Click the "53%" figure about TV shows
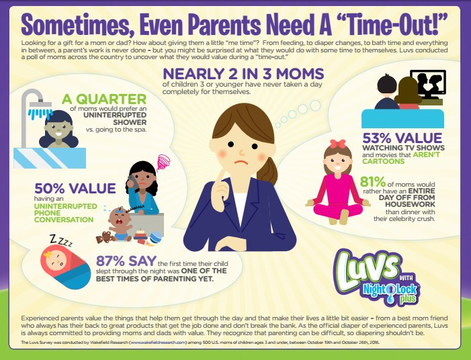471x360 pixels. pyautogui.click(x=377, y=138)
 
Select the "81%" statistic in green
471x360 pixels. pyautogui.click(x=372, y=181)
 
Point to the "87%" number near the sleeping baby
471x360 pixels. pyautogui.click(x=110, y=261)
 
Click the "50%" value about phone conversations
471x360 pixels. pyautogui.click(x=49, y=189)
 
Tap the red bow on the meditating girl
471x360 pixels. pyautogui.click(x=338, y=144)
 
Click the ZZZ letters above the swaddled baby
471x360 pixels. pyautogui.click(x=61, y=240)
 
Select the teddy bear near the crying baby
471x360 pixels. pyautogui.click(x=103, y=237)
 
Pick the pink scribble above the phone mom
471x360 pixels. pyautogui.click(x=164, y=162)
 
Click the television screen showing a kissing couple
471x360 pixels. pyautogui.click(x=428, y=83)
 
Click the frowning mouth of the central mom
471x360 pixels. pyautogui.click(x=241, y=163)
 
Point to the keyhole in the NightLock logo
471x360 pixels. pyautogui.click(x=391, y=289)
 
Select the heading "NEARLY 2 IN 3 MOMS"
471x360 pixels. pyautogui.click(x=243, y=74)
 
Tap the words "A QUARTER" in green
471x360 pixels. pyautogui.click(x=104, y=99)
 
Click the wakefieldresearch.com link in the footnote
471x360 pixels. pyautogui.click(x=158, y=342)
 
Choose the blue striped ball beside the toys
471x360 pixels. pyautogui.click(x=156, y=237)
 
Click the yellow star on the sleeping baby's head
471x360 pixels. pyautogui.click(x=48, y=255)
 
